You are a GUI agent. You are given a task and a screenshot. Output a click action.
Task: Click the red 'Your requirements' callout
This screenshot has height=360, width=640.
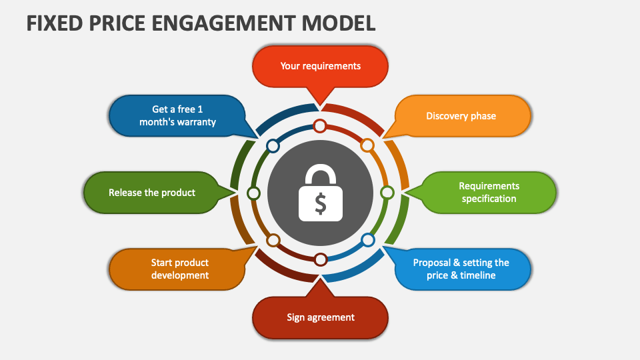tap(320, 66)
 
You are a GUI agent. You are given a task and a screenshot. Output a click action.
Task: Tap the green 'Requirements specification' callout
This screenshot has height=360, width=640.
tap(489, 193)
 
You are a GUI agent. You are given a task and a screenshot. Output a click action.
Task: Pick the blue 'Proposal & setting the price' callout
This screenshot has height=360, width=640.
tap(461, 269)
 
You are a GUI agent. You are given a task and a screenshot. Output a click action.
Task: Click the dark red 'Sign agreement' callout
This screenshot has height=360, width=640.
tap(320, 317)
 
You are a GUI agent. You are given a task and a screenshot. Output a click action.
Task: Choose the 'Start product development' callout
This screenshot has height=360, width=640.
tap(179, 269)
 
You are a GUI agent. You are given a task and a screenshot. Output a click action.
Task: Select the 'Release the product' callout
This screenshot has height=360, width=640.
tap(152, 193)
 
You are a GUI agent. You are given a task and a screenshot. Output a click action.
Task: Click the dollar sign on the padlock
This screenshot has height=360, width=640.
tap(321, 203)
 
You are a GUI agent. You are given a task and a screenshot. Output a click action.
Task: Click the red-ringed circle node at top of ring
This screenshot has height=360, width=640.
tap(320, 125)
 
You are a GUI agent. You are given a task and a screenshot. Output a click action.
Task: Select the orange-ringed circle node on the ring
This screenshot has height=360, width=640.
tap(367, 145)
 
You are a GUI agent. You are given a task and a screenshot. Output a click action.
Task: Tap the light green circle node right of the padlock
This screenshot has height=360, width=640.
tap(387, 193)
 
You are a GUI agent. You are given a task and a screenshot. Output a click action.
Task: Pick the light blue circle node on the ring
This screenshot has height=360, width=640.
tap(367, 239)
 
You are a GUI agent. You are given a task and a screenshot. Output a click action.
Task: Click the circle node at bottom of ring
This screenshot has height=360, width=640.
tap(321, 259)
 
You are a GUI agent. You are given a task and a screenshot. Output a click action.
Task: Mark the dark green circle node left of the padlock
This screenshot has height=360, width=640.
tap(253, 193)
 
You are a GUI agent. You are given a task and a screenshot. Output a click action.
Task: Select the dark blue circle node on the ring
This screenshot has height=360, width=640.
tap(273, 145)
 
